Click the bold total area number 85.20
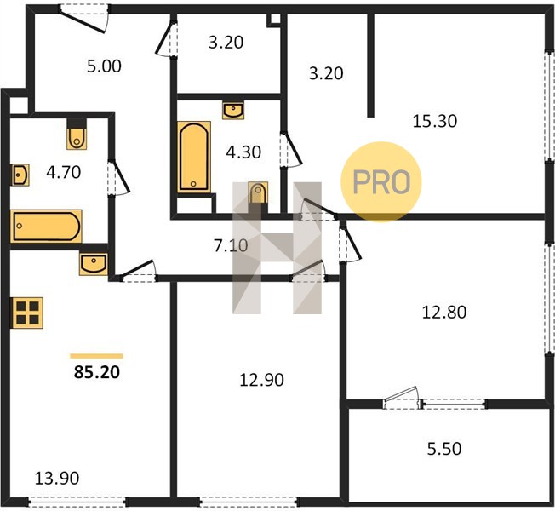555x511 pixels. coord(97,372)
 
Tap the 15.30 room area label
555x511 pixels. coord(435,121)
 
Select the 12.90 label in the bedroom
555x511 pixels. coord(261,380)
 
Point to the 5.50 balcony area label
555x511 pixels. coord(444,449)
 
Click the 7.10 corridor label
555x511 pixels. coord(231,245)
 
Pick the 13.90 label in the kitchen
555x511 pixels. coord(57,479)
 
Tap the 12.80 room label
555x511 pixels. coord(444,312)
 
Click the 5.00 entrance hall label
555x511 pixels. coord(104,66)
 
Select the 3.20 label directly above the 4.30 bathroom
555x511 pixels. coord(226,43)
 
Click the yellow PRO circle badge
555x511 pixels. coord(381,182)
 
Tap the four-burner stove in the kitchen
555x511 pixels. coord(27,313)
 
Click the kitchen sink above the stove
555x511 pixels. coord(94,264)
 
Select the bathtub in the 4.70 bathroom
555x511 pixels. coord(46,226)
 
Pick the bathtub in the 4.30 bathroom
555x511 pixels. coord(194,157)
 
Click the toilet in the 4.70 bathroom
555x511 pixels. coord(77,135)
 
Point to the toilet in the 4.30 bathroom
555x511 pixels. coord(258,193)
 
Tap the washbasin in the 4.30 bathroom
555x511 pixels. coord(233,111)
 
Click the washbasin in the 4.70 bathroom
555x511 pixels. coord(20,175)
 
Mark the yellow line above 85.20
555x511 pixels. coord(96,356)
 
